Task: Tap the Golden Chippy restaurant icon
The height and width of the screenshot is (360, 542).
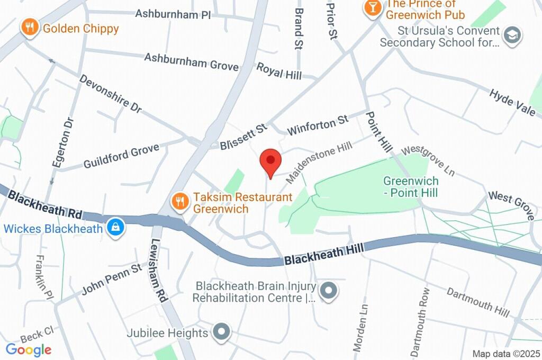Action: tap(30, 28)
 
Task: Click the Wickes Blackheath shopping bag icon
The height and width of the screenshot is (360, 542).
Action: tap(114, 228)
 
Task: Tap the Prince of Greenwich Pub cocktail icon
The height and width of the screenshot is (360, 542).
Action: tap(373, 7)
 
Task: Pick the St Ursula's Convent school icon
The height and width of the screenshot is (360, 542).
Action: tap(513, 35)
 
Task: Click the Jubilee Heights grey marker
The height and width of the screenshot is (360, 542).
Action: tap(221, 332)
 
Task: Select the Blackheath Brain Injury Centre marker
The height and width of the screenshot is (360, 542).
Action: tap(329, 291)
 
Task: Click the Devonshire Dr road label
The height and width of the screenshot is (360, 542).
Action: tap(110, 93)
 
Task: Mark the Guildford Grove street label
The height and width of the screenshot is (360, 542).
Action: tap(121, 157)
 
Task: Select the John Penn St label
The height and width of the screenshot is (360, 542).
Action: tap(112, 279)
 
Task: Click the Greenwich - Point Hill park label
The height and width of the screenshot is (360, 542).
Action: tap(411, 187)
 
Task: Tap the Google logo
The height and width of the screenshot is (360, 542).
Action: tap(29, 349)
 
